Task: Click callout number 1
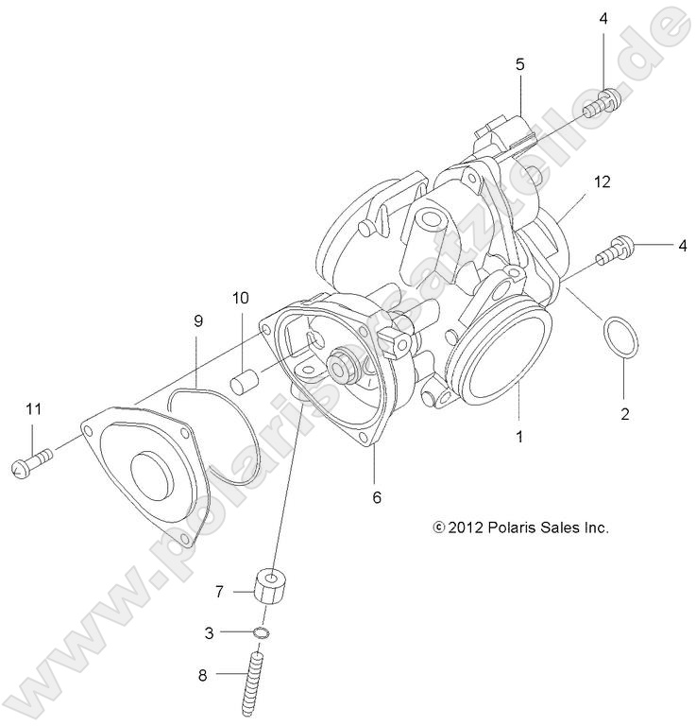[519, 438]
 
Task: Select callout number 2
[624, 413]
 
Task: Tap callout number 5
[519, 64]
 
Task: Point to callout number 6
[377, 496]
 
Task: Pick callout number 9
[198, 321]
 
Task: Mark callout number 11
[34, 408]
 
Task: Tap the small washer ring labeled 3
[263, 632]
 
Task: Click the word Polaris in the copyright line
[519, 527]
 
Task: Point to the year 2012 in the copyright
[466, 527]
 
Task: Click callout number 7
[220, 592]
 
